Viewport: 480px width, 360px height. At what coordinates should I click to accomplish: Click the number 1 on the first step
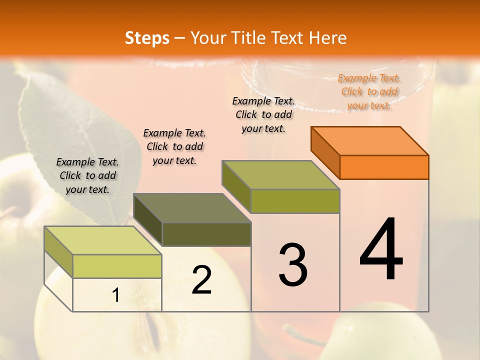(115, 295)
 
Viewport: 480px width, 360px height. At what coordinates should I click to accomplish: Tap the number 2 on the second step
(201, 280)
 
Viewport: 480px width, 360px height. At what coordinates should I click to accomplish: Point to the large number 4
(381, 249)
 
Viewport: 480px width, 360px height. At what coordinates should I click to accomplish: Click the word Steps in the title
(147, 37)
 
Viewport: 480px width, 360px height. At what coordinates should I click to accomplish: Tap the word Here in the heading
(328, 37)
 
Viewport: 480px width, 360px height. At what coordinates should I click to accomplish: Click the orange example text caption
(369, 91)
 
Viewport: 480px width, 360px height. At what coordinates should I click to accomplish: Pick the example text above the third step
(263, 114)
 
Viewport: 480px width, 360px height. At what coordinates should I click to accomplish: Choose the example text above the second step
(174, 146)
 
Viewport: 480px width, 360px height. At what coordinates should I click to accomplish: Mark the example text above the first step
(87, 175)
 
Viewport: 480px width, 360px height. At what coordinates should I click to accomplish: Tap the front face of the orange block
(384, 167)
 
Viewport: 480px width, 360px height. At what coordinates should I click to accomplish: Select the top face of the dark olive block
(192, 208)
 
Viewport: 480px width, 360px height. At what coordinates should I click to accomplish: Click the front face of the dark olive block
(206, 234)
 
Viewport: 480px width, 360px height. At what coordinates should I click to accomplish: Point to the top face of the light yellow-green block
(102, 240)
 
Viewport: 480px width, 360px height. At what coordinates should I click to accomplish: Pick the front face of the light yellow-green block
(117, 266)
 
